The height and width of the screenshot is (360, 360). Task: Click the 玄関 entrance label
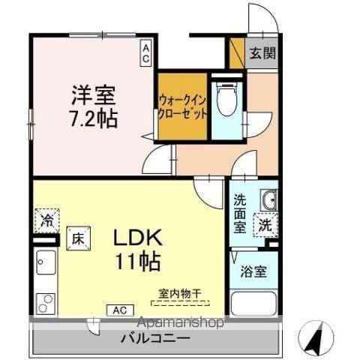point(262,53)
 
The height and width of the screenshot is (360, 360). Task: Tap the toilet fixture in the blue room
point(224,97)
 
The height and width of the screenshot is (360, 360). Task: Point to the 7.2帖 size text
point(94,118)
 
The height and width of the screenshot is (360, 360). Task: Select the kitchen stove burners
point(44,301)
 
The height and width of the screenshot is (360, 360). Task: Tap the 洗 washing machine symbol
point(265,223)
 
